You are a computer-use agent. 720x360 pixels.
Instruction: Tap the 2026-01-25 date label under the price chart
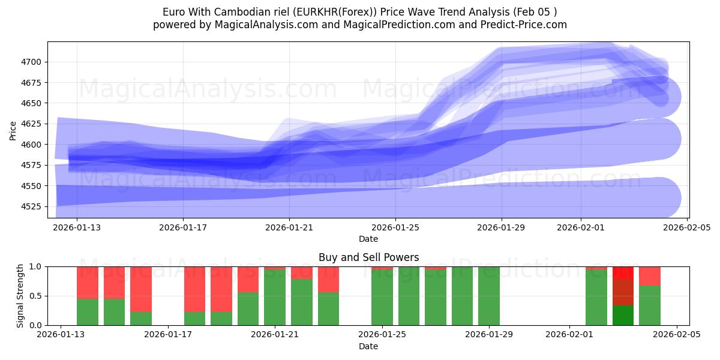coord(395,228)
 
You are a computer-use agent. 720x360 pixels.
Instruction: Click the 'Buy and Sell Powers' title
coord(368,257)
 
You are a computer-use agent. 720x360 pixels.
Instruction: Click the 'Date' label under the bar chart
coord(368,346)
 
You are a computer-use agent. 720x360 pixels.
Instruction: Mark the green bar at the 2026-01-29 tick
coord(489,296)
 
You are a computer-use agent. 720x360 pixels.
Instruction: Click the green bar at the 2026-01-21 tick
coord(275,298)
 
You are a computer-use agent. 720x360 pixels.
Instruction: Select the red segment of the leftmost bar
coord(88,282)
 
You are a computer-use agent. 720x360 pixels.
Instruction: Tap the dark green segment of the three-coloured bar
coord(623,315)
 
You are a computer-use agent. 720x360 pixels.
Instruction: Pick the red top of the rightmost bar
coord(650,275)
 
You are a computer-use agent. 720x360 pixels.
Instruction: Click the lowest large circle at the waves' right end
coord(659,198)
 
